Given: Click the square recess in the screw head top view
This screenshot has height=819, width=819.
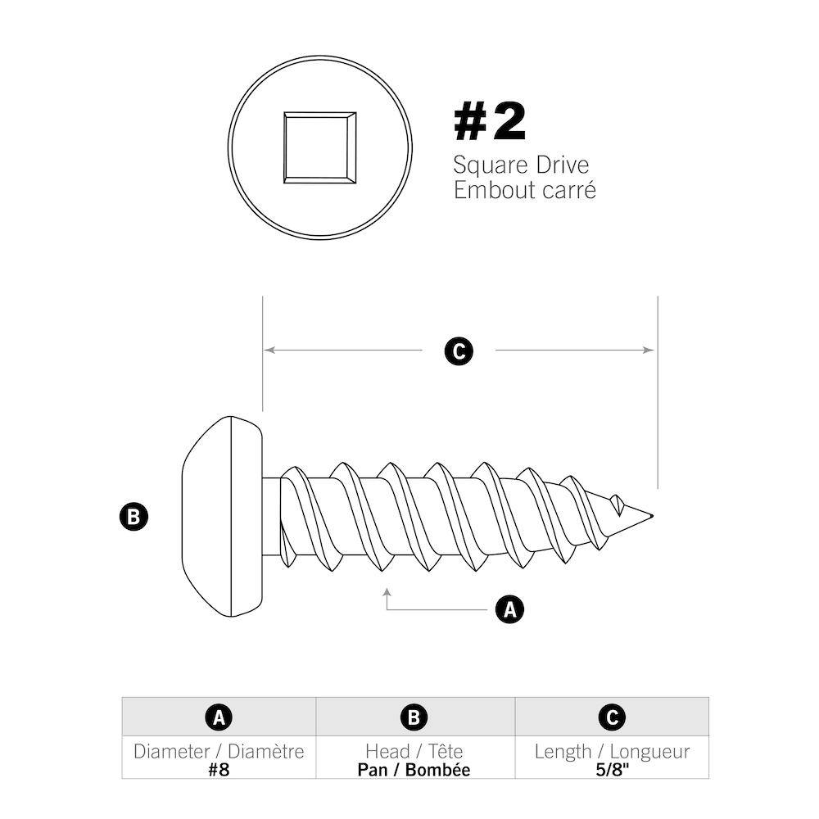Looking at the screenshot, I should click(x=319, y=147).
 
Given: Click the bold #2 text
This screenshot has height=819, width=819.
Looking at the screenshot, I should click(x=490, y=123).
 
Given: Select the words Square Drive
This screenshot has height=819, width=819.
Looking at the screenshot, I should click(x=521, y=165).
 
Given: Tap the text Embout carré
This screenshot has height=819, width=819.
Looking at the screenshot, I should click(x=524, y=191).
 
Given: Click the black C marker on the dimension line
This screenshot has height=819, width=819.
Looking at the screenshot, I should click(x=459, y=351).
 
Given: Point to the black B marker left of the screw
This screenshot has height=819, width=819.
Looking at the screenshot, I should click(x=133, y=517).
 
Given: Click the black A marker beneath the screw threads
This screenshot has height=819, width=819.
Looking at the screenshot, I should click(x=509, y=609).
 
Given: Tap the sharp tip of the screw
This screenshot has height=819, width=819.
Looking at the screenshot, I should click(x=650, y=516).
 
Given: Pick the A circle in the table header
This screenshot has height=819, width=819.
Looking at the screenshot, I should click(x=219, y=717).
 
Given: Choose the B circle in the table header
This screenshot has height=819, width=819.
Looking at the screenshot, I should click(x=414, y=717).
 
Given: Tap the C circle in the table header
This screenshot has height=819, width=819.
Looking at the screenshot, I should click(x=611, y=717).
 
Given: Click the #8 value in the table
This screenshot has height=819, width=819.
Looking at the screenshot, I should click(x=219, y=769).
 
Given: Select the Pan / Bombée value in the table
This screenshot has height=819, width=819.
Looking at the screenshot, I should click(x=414, y=769).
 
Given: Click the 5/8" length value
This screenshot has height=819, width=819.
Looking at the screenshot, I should click(x=611, y=769).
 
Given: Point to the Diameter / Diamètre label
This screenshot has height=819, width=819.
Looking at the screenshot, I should click(x=219, y=751).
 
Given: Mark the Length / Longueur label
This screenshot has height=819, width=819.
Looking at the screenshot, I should click(x=611, y=751).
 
